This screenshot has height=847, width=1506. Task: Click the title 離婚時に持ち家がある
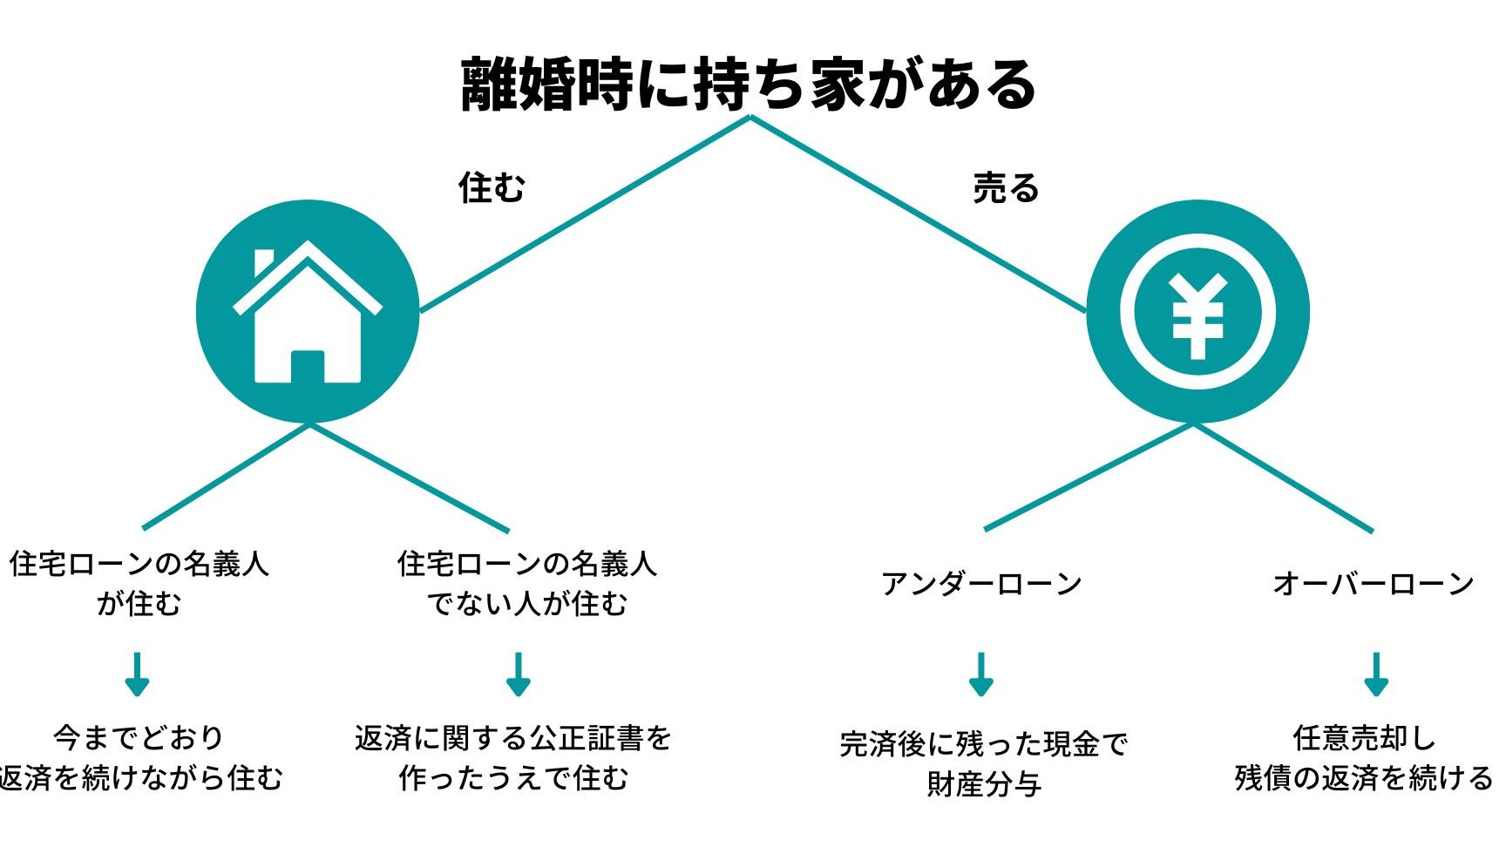[749, 85]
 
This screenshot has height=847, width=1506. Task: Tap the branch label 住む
[492, 186]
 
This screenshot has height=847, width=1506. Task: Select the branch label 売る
[1007, 187]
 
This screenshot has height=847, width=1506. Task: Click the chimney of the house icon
[263, 261]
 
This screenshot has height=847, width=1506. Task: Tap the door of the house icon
[308, 367]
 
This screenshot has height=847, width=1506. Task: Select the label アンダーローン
[981, 583]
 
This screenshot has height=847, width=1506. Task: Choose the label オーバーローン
[1374, 583]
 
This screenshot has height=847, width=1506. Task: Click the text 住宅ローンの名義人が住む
[139, 583]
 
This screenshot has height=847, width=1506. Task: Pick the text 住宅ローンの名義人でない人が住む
[526, 583]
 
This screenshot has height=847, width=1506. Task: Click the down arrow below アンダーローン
[981, 674]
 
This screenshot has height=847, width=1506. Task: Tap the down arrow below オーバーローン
[1376, 674]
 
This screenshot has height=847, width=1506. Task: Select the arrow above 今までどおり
[137, 674]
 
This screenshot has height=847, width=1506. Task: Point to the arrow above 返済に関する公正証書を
[519, 674]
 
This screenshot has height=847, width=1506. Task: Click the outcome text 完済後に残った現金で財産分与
[984, 763]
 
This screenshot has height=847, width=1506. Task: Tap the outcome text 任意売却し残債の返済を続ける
[1365, 757]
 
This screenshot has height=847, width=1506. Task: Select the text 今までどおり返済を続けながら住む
[139, 757]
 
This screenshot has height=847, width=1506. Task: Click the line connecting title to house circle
[585, 213]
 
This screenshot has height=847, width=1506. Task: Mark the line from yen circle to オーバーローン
[1284, 478]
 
